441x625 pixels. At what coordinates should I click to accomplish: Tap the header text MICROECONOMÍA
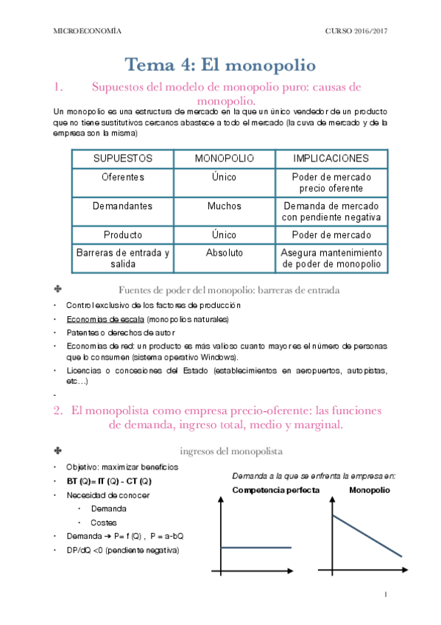point(88,31)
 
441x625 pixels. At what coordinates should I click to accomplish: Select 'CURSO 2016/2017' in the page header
point(356,31)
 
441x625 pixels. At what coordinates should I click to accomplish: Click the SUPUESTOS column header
point(123,158)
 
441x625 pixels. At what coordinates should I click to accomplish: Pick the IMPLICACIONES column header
point(331,158)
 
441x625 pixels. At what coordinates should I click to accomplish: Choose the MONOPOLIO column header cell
point(224,158)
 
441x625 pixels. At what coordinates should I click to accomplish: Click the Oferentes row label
point(123,178)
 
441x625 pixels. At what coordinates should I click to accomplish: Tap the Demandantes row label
point(123,206)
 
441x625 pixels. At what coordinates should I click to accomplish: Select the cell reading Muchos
point(224,206)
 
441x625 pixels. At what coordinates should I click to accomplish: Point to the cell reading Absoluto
point(224,252)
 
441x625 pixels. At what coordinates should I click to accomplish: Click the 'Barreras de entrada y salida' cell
point(123,258)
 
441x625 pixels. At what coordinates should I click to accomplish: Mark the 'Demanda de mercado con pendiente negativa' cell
point(331,212)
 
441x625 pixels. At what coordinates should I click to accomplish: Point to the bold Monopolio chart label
point(370,490)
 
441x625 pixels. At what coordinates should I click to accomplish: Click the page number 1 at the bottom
point(386,594)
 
